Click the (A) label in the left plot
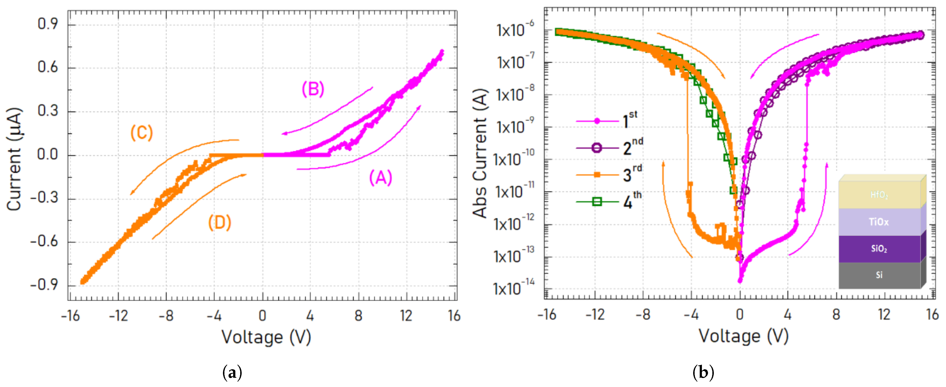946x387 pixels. pyautogui.click(x=380, y=178)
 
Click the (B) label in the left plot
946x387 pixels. pyautogui.click(x=313, y=89)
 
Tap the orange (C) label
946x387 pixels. pyautogui.click(x=141, y=133)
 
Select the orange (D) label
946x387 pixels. pyautogui.click(x=219, y=223)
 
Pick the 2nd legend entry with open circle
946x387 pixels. pyautogui.click(x=610, y=148)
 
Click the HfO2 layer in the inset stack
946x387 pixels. pyautogui.click(x=879, y=195)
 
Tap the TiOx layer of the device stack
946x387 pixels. pyautogui.click(x=879, y=222)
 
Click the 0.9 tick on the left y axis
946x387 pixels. pyautogui.click(x=48, y=24)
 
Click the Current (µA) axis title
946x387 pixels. pyautogui.click(x=14, y=159)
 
